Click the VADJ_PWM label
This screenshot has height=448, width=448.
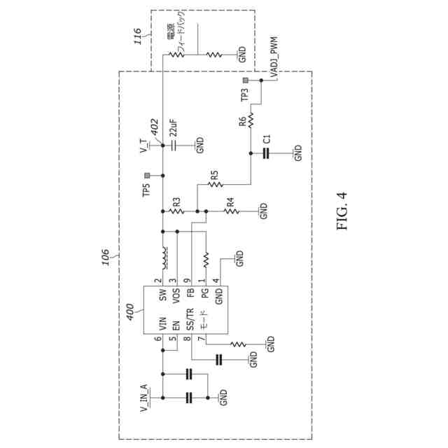click(274, 53)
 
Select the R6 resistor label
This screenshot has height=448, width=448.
click(241, 121)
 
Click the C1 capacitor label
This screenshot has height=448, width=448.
click(267, 139)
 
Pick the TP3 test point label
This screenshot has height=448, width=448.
click(244, 95)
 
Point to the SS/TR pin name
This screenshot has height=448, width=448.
click(189, 319)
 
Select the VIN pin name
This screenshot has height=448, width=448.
click(162, 324)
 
